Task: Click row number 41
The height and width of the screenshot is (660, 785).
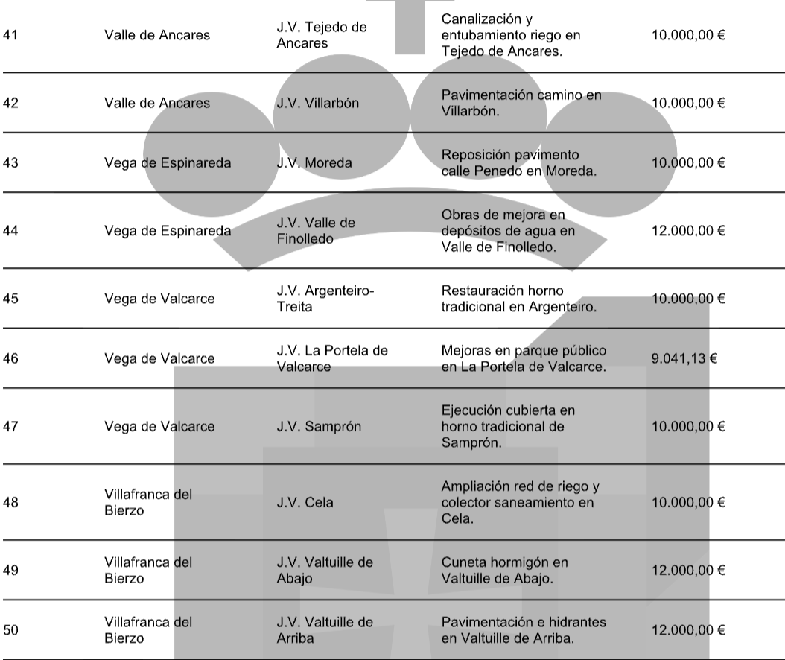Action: click(10, 35)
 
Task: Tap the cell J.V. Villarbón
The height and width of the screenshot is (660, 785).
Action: click(317, 103)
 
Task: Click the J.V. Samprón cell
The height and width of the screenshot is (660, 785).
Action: click(316, 427)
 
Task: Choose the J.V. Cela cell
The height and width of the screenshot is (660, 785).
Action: click(305, 502)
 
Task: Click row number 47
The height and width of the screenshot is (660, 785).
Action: click(10, 427)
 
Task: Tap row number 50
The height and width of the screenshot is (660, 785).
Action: click(10, 630)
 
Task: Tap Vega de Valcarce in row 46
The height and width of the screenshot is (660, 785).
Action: click(159, 358)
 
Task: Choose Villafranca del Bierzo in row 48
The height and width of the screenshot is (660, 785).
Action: click(147, 502)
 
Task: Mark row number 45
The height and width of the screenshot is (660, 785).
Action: click(10, 299)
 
